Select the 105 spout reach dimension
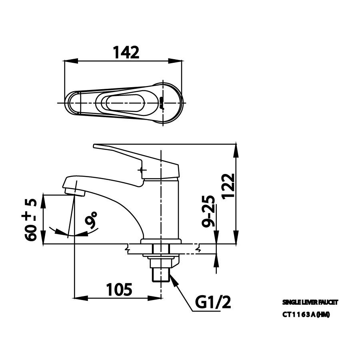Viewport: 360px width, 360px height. tap(119, 289)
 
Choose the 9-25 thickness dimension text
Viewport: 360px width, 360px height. tap(208, 212)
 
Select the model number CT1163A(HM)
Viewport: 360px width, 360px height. tap(306, 314)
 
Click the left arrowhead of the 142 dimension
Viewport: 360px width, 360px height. tap(68, 61)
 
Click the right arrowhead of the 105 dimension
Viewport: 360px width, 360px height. tap(158, 298)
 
